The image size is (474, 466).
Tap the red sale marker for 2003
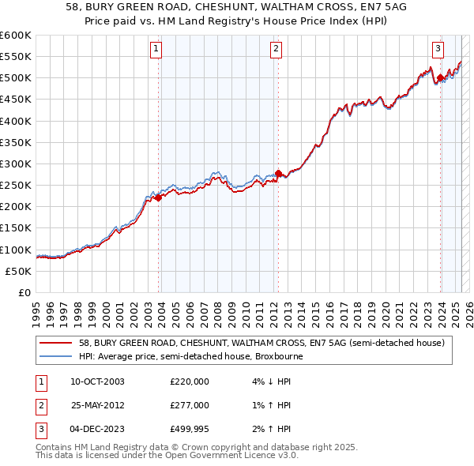[159, 198]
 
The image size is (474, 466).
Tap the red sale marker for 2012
[279, 174]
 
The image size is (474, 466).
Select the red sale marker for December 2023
[440, 78]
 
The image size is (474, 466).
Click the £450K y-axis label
[16, 100]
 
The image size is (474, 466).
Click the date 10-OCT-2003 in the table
[97, 381]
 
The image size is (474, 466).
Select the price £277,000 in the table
[190, 405]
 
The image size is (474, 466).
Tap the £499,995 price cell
[190, 430]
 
